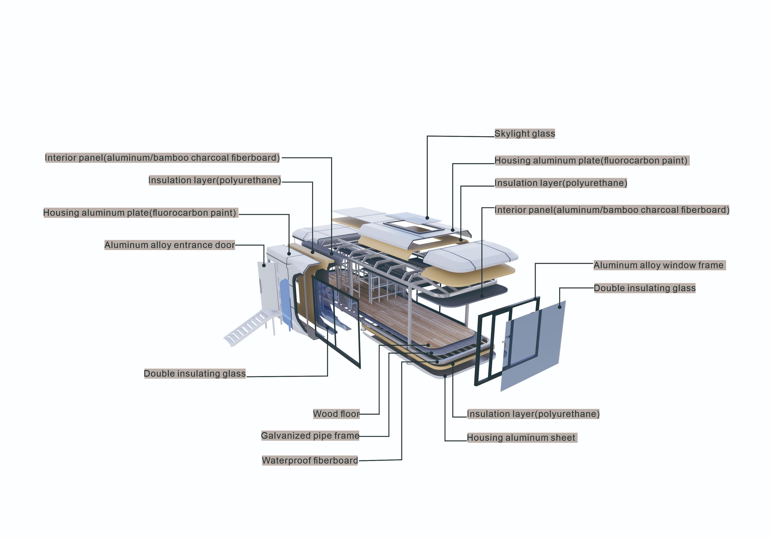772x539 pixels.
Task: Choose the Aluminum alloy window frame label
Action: pos(658,265)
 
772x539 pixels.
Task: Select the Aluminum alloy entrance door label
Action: pos(169,245)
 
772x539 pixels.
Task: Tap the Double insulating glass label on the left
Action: pos(195,374)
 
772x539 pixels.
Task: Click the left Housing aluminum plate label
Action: pos(140,213)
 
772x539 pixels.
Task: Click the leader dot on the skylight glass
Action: pos(427,218)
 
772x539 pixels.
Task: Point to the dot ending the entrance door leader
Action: pos(264,265)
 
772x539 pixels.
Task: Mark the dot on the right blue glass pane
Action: pos(560,307)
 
